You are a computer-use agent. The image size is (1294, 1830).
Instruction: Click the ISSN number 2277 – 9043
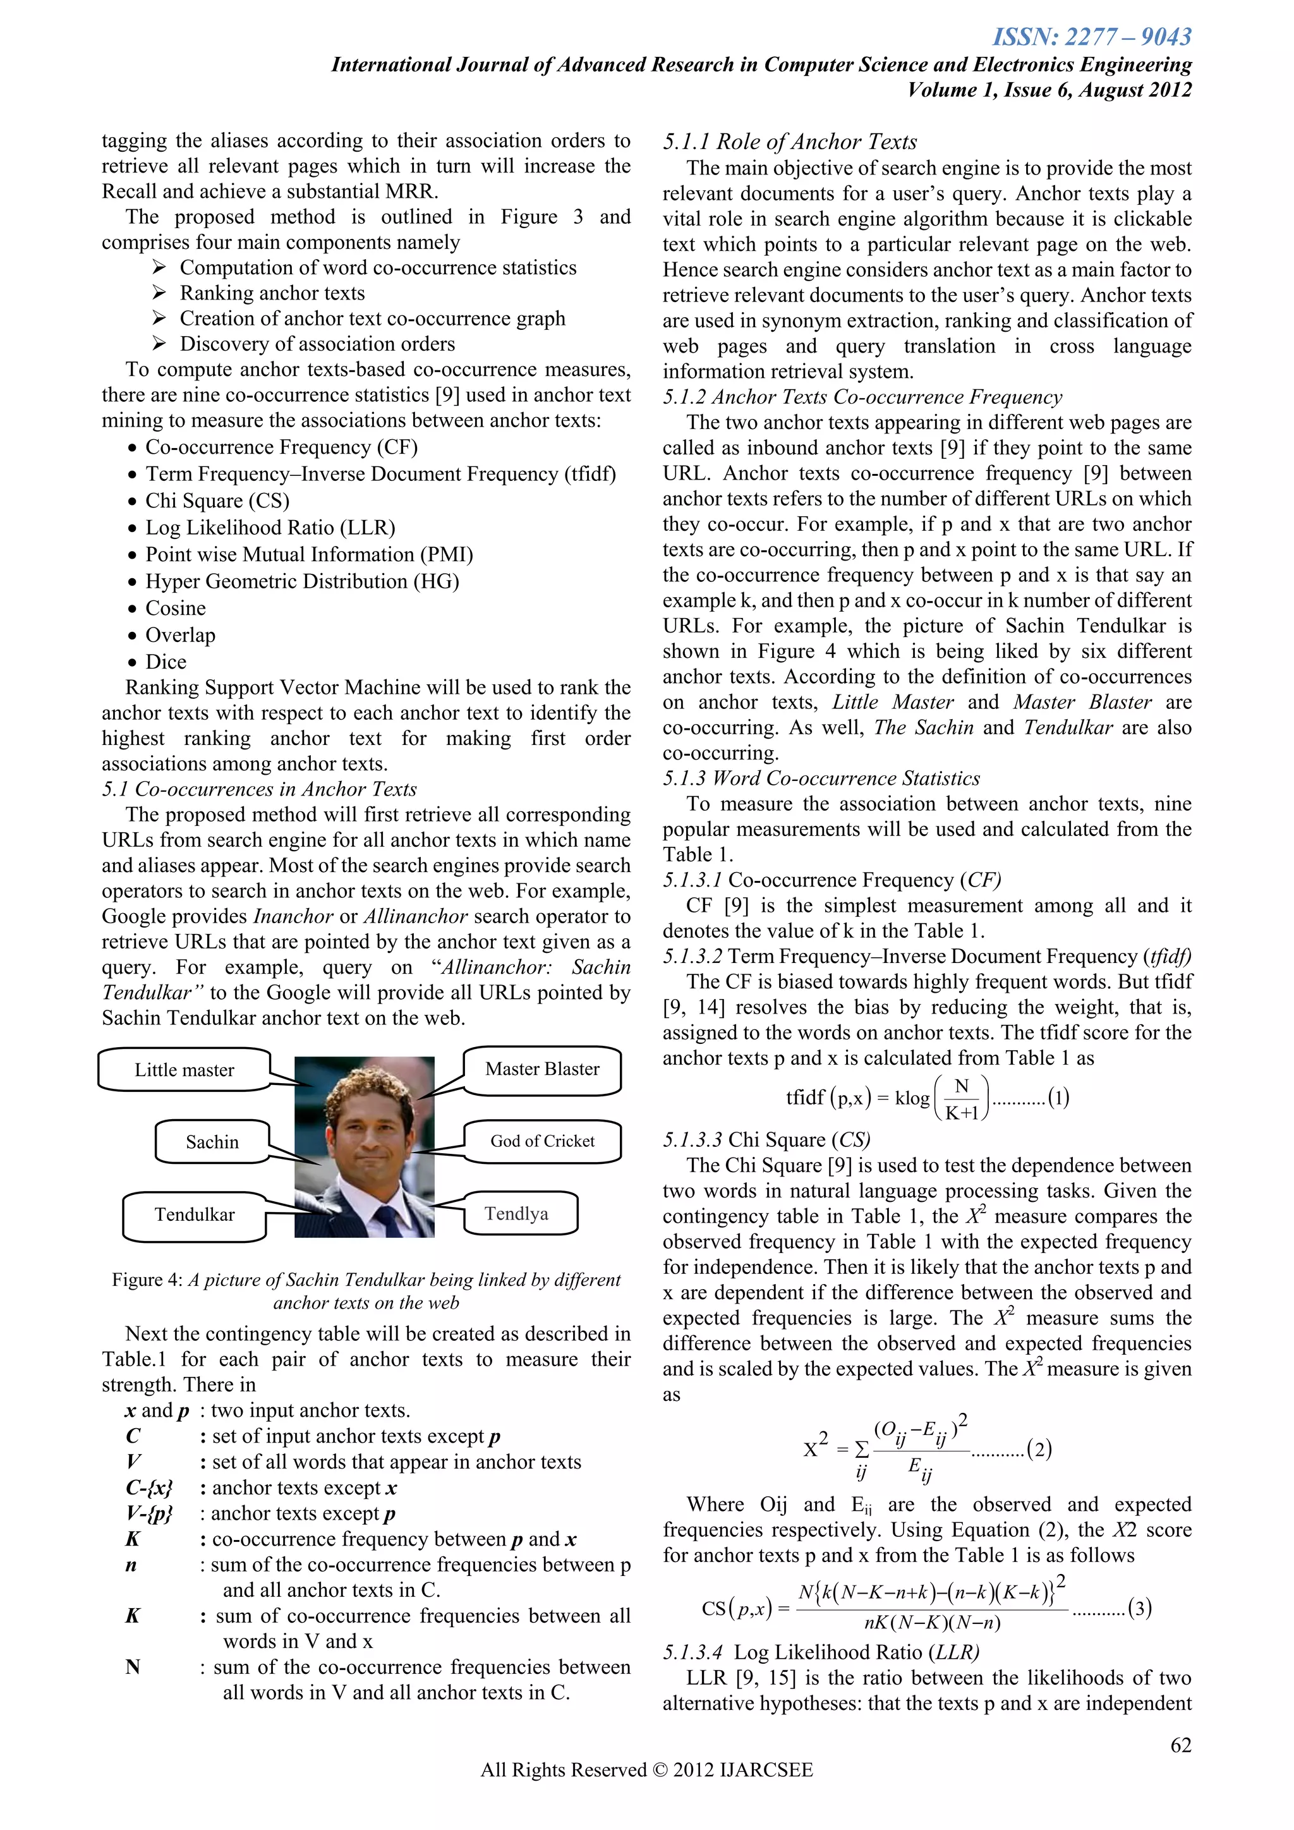[x=1092, y=37]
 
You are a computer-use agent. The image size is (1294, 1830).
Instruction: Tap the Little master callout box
[x=184, y=1070]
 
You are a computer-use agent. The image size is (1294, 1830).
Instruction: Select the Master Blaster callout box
[x=542, y=1069]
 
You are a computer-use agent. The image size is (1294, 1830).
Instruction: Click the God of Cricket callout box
[x=542, y=1141]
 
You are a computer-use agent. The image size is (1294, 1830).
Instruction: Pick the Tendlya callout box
[x=516, y=1213]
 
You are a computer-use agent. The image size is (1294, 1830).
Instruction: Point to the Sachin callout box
[x=212, y=1142]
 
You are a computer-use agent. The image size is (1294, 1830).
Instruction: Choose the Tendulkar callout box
[x=195, y=1215]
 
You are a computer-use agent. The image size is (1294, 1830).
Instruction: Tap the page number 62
[x=1180, y=1745]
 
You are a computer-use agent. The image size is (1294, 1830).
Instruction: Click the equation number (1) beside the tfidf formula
[x=1058, y=1098]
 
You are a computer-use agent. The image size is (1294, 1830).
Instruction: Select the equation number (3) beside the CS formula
[x=1140, y=1608]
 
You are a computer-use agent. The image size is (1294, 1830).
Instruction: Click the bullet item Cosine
[x=175, y=608]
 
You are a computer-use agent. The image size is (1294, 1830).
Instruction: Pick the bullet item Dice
[x=166, y=662]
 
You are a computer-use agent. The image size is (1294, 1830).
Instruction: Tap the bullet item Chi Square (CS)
[x=217, y=500]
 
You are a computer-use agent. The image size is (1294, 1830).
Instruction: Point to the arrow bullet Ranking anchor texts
[x=272, y=293]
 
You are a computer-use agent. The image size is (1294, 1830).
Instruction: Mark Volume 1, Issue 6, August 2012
[x=1049, y=89]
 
